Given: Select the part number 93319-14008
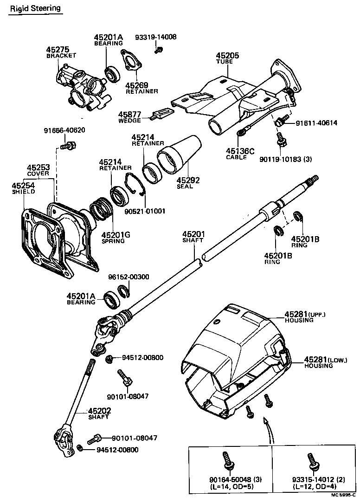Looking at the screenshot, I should click(x=156, y=37).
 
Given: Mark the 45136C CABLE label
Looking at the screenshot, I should click(x=240, y=154).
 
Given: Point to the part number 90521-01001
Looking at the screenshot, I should click(x=145, y=211).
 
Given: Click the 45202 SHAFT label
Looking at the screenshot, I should click(x=99, y=413).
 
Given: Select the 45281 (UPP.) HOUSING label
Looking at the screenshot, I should click(x=305, y=317).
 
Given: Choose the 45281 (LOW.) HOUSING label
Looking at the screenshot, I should click(x=325, y=362).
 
